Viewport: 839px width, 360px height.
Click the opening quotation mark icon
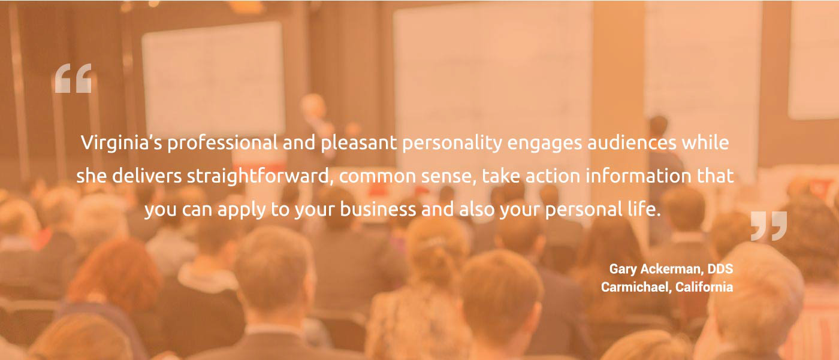(73, 78)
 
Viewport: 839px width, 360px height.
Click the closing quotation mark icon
(769, 226)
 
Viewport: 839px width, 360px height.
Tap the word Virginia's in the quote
(121, 143)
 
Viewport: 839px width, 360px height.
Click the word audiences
(632, 143)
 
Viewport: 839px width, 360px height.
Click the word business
(378, 209)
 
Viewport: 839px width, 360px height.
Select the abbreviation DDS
(720, 269)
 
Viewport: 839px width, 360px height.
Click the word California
(704, 287)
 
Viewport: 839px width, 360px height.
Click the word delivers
(147, 176)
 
